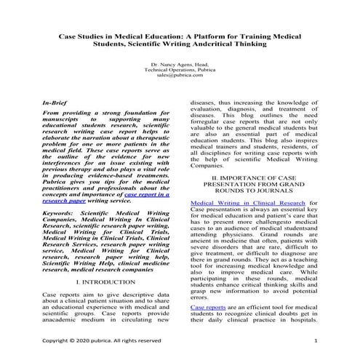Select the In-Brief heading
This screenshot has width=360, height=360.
(x=58, y=104)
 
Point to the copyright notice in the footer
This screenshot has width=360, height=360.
(x=102, y=340)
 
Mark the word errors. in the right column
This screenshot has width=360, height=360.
(x=200, y=297)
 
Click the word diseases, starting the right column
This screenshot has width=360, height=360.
(x=204, y=104)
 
